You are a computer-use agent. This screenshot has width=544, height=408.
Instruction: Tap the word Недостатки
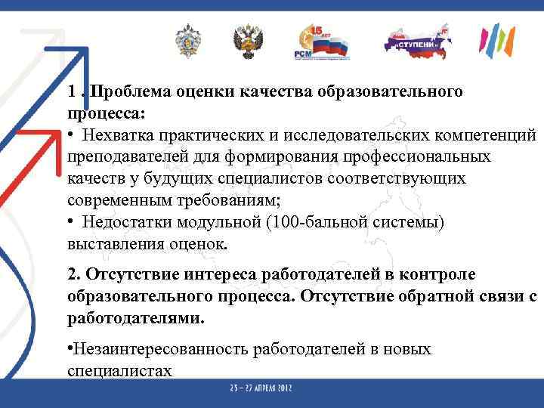click(128, 223)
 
